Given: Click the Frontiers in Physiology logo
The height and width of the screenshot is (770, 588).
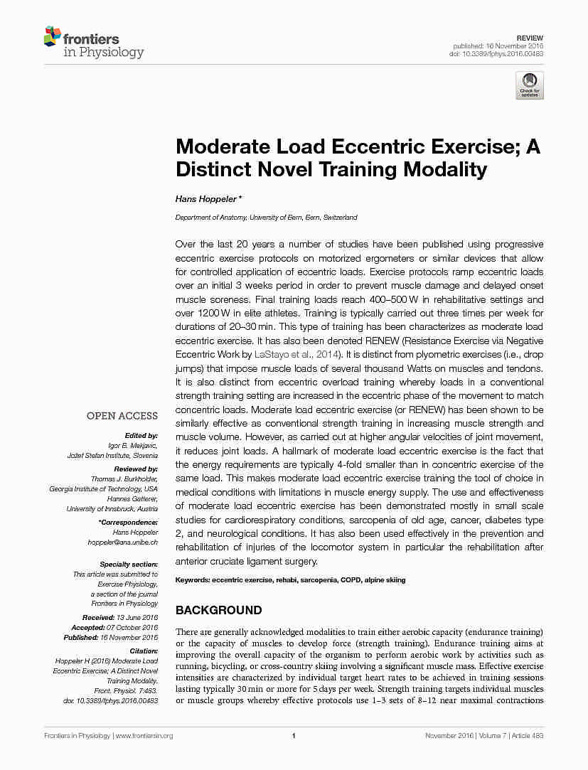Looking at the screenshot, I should pos(94,44).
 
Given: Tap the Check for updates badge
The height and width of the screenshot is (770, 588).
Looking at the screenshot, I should pos(530,85).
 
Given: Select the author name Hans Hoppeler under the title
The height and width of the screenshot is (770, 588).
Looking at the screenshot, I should pos(207,199).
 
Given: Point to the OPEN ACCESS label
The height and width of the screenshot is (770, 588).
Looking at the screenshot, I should pos(122,416).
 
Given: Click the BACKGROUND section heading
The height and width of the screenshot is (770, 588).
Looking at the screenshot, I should pos(218,610).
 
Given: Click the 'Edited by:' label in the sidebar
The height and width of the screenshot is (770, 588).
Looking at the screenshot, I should pos(141,435).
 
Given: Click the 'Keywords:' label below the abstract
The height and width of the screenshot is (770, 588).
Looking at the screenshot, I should pos(192,580).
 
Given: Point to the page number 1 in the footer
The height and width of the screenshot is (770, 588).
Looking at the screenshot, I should pos(294,736).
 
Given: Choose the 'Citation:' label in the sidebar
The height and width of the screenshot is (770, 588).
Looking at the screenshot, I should pos(143,651).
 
